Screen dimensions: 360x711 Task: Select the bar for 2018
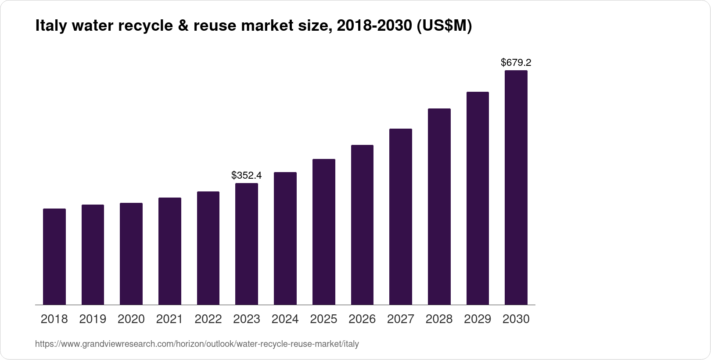tap(54, 256)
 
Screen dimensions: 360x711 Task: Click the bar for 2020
tap(131, 254)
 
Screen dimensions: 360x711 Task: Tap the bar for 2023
tap(247, 244)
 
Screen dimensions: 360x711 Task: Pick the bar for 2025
tap(324, 232)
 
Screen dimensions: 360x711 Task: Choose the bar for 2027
tap(401, 216)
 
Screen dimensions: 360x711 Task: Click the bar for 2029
tap(478, 198)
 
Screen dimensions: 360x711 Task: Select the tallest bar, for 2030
tap(516, 187)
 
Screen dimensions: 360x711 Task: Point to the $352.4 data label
tap(247, 176)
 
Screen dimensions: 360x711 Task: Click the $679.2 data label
tap(516, 63)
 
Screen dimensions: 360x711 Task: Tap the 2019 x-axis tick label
tap(93, 319)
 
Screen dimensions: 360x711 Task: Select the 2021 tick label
tap(170, 319)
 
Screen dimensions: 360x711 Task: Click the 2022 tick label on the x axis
tap(208, 319)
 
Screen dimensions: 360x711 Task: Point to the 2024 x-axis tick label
tap(285, 319)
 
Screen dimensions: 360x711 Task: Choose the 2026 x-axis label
tap(362, 319)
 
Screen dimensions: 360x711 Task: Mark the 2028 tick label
tap(439, 319)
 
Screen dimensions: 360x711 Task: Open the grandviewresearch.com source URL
tap(197, 344)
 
